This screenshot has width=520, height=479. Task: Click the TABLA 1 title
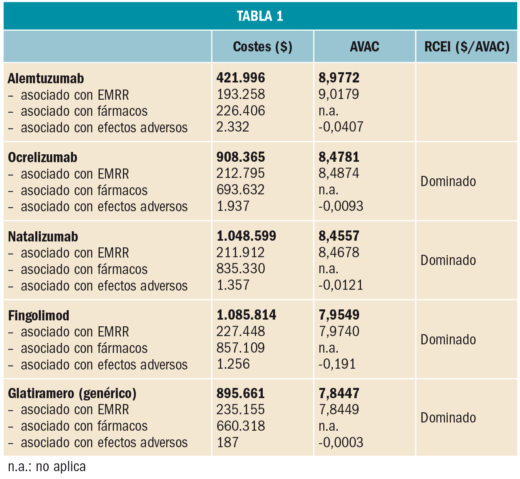tap(260, 16)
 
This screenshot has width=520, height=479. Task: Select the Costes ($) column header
tap(262, 47)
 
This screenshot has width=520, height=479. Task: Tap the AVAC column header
tap(364, 47)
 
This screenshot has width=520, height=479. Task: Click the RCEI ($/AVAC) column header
tap(467, 47)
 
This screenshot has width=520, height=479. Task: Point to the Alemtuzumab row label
tap(46, 79)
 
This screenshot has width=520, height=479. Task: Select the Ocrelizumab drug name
tap(42, 157)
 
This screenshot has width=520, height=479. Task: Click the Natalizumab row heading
tap(43, 237)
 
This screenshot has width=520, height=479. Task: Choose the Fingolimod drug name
tap(38, 316)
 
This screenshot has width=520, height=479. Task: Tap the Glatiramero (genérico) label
tap(72, 393)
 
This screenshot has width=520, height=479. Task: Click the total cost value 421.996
tap(240, 78)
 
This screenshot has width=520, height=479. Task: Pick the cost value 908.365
tap(240, 157)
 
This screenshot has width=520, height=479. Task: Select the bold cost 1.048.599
tap(246, 236)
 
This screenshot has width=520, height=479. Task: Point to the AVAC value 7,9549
tap(339, 315)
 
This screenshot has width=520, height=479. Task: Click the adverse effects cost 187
tap(228, 442)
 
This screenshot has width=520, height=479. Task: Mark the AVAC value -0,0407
tap(341, 127)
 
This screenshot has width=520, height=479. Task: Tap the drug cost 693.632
tap(240, 190)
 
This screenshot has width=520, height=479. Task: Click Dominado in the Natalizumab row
tap(448, 260)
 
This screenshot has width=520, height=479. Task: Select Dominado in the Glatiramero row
tap(448, 418)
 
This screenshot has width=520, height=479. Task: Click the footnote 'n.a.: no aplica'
tap(47, 467)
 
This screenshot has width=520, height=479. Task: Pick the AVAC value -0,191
tap(337, 364)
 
